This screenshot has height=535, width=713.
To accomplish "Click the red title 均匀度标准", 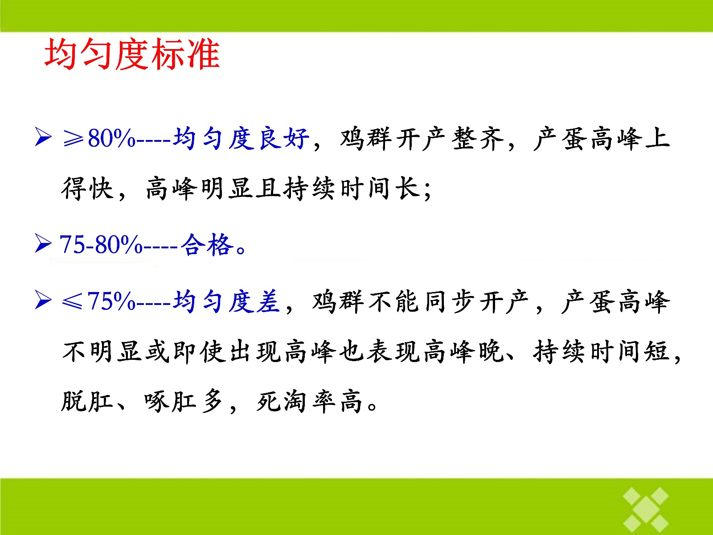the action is coord(132,54).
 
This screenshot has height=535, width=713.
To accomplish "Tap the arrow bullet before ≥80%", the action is coord(43,137).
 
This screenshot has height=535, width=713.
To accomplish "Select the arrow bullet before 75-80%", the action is coord(43,243).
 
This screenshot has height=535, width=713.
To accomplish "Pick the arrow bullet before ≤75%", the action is coord(43,300).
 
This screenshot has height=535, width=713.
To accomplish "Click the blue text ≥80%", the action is coord(99,138).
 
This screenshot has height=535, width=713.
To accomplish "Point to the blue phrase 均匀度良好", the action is coord(241,138).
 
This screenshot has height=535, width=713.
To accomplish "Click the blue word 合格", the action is coord(207,244).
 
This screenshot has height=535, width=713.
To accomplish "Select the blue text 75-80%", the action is coord(101,244).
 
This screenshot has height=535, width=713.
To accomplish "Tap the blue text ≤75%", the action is coord(99,301).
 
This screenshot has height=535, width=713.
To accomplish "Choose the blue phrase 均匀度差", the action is coord(226,301).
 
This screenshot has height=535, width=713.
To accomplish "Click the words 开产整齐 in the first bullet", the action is coord(450,139).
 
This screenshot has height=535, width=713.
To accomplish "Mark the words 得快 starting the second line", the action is coord(87,189).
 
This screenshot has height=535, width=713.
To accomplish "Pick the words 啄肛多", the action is coord(184,402).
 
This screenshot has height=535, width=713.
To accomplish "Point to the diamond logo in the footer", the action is coord(646,509).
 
